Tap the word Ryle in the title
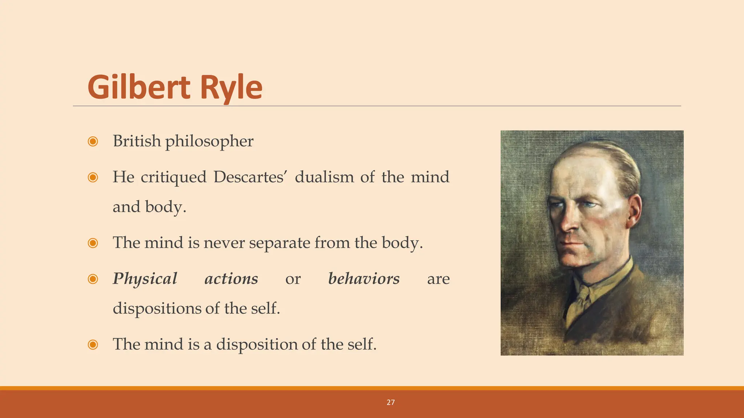click(231, 88)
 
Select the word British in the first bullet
click(137, 141)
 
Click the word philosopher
click(209, 142)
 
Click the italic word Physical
click(145, 279)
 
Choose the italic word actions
click(231, 279)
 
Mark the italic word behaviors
click(364, 279)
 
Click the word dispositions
click(157, 308)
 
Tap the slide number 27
click(391, 402)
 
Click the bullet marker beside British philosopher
click(93, 141)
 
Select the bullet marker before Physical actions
click(93, 279)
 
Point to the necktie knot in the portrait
click(584, 292)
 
